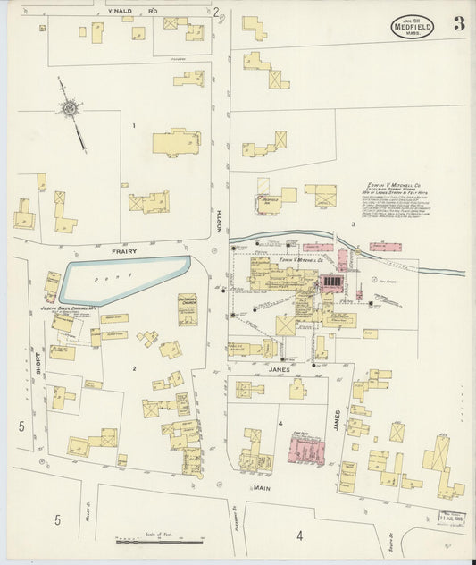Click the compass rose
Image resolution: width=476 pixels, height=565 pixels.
(x=69, y=109)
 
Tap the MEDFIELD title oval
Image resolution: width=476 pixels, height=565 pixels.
(x=412, y=27)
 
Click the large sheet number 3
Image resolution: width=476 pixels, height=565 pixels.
(x=458, y=24)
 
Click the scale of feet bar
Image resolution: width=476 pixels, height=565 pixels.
(x=161, y=541)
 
